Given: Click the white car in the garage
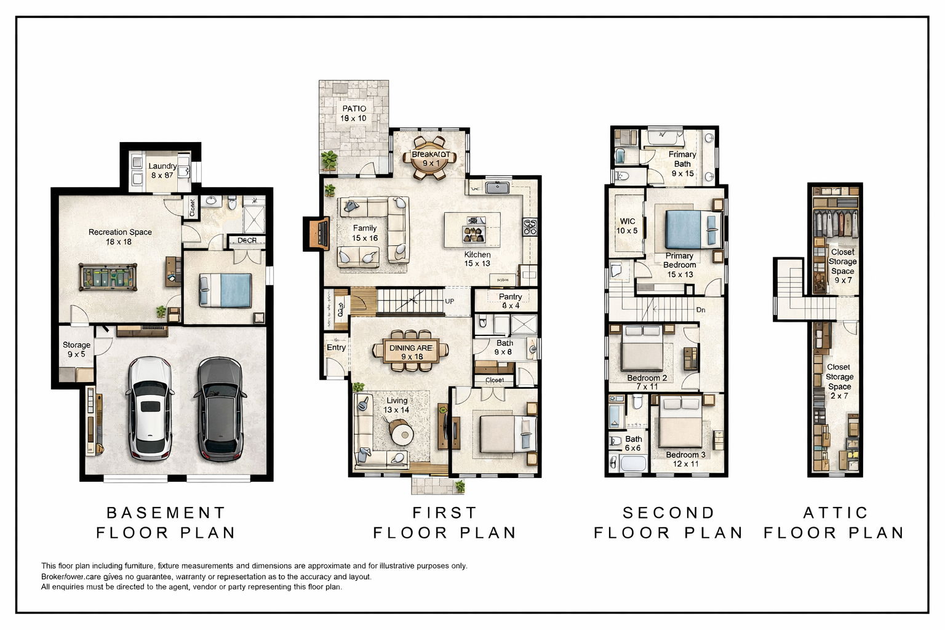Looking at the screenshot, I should [150, 409].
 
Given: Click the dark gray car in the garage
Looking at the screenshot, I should [220, 409].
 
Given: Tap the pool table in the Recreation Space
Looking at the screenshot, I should [107, 276].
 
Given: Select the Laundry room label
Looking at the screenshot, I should [162, 170].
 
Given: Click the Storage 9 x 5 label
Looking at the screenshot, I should [76, 349].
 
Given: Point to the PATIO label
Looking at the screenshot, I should [354, 113].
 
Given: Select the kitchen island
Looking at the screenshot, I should [472, 229].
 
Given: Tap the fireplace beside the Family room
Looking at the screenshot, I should [317, 233].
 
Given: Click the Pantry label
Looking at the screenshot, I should [510, 301].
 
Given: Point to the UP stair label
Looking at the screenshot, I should [450, 301].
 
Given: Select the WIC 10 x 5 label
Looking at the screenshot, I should [627, 226].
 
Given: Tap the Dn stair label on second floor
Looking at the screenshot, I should [701, 310].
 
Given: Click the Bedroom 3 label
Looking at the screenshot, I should [685, 459].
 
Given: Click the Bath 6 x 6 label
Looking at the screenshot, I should [633, 443].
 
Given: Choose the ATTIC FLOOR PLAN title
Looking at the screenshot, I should [834, 522].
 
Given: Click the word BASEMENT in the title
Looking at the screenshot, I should [165, 512].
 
